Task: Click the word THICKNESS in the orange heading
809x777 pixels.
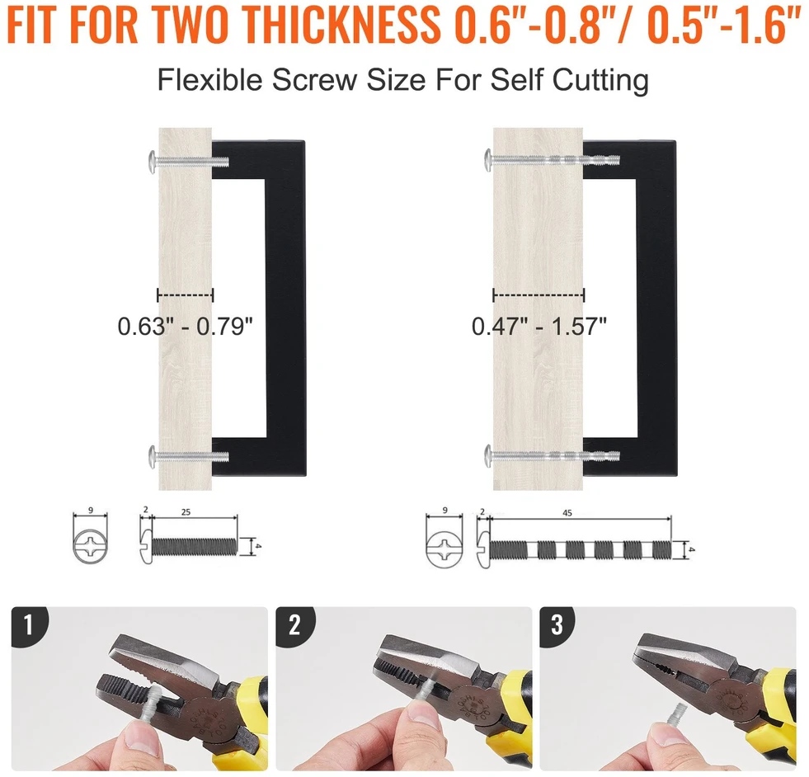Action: [340, 23]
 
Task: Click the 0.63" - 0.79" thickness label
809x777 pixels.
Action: [186, 326]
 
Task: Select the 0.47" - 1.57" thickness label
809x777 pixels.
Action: [539, 326]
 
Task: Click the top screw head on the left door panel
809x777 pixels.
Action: [153, 162]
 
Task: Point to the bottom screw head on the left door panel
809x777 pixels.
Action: [153, 457]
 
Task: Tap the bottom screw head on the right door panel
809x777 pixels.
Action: [487, 455]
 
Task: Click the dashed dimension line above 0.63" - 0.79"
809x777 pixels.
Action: [186, 295]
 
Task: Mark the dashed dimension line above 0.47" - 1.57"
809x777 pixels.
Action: [539, 295]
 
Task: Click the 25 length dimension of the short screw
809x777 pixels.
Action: [186, 512]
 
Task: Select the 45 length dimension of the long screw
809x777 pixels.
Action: [567, 513]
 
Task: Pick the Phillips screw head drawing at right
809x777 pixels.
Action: [444, 547]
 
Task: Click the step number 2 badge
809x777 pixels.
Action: [294, 624]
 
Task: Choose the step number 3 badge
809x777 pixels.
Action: [557, 624]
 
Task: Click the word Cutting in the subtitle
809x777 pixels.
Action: [600, 81]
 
